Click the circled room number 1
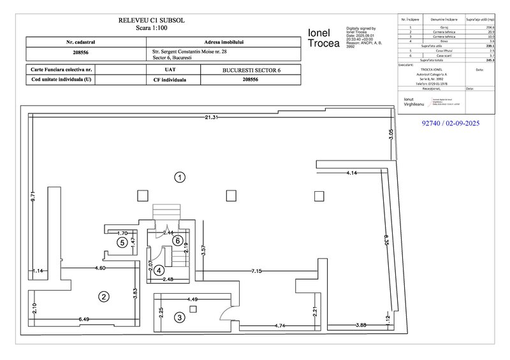tap(180, 177)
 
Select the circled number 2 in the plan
tap(102, 296)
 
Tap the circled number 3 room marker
tap(180, 317)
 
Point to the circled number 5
tap(120, 242)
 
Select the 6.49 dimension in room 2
tap(83, 319)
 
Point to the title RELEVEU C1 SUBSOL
tap(152, 20)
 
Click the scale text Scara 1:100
tap(152, 28)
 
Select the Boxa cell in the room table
tap(437, 41)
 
